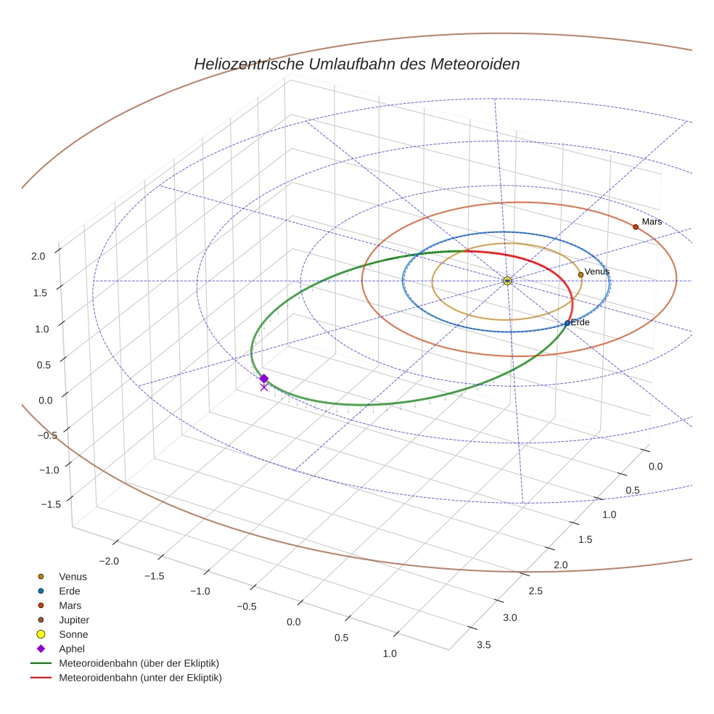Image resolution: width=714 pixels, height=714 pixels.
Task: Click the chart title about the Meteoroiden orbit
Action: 356,64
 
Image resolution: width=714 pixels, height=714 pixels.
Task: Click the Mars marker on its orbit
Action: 636,227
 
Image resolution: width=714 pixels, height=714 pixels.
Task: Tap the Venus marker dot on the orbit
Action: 580,274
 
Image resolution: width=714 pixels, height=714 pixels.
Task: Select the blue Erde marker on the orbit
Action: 567,323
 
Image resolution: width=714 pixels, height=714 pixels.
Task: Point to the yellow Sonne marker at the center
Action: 507,281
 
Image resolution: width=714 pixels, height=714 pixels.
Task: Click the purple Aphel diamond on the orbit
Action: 264,378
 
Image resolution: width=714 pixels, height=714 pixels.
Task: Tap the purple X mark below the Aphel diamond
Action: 263,387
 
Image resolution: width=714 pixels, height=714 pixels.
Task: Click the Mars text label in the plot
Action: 652,221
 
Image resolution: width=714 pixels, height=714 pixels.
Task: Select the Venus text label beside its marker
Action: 596,271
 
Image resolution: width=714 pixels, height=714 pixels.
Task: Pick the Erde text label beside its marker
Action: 580,322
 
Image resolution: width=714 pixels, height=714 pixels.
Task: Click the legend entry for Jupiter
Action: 73,620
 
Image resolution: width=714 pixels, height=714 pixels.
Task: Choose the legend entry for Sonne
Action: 73,634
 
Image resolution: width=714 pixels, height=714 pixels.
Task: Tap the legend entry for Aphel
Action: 72,649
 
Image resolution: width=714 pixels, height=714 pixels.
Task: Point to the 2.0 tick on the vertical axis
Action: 38,255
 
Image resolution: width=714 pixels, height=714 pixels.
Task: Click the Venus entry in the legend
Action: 73,576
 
